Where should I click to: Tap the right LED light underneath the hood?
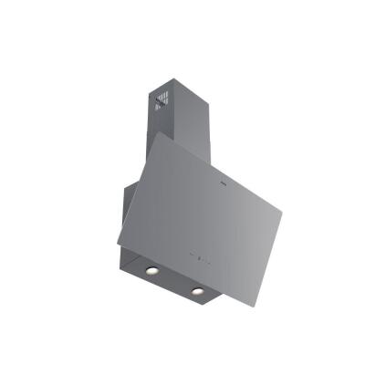click(196, 291)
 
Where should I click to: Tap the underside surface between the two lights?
click(173, 280)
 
